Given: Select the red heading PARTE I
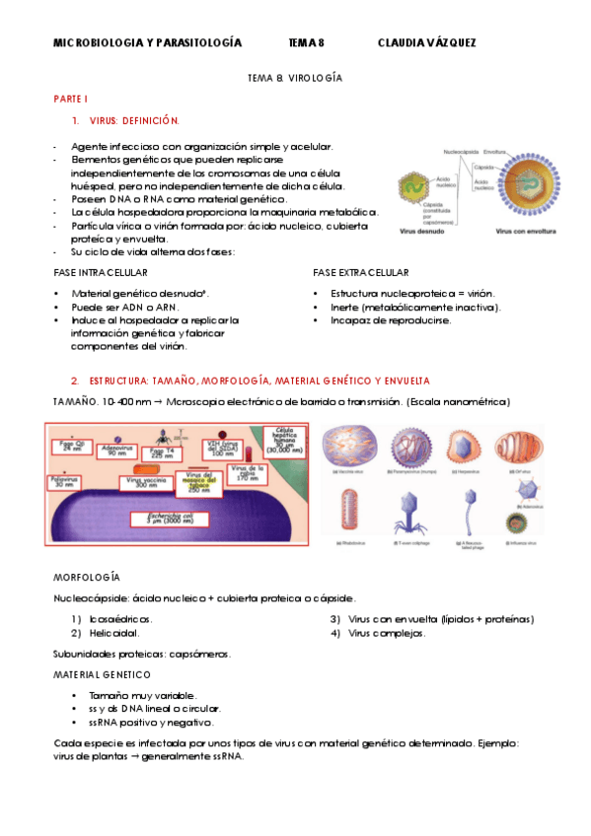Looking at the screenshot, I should [x=71, y=100].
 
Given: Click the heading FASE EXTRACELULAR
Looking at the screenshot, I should [x=360, y=272].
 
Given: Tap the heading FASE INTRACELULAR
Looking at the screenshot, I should [x=101, y=272].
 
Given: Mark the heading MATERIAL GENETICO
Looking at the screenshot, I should [x=102, y=675].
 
